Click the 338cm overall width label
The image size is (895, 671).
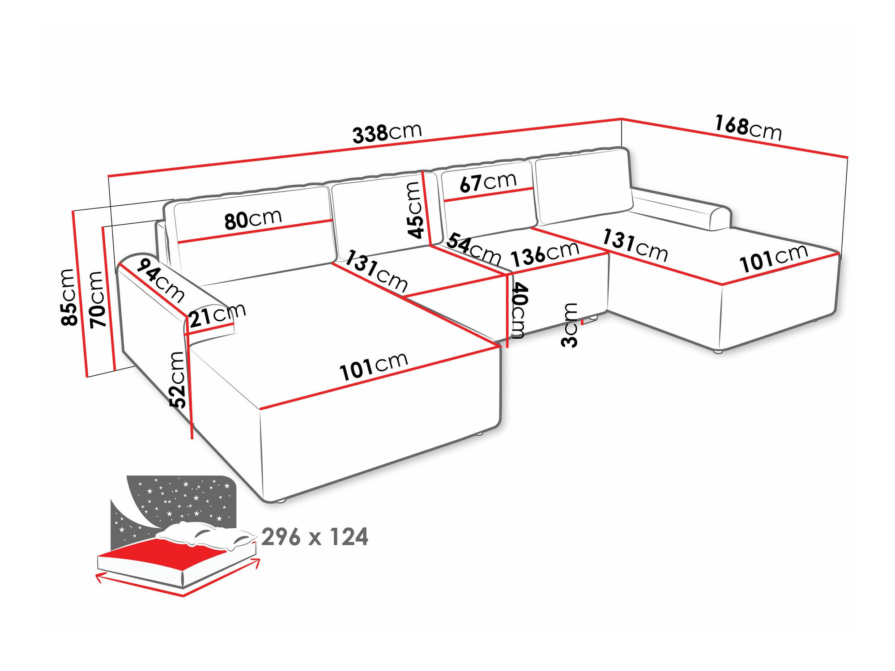387,133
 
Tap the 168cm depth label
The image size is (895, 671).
748,127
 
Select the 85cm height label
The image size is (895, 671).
68,297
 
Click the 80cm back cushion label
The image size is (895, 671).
253,219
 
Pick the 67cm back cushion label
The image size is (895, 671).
488,182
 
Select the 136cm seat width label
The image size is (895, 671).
545,253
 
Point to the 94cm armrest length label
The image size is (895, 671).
160,280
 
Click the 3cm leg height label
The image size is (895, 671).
570,325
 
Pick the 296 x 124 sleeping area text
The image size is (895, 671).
315,537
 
